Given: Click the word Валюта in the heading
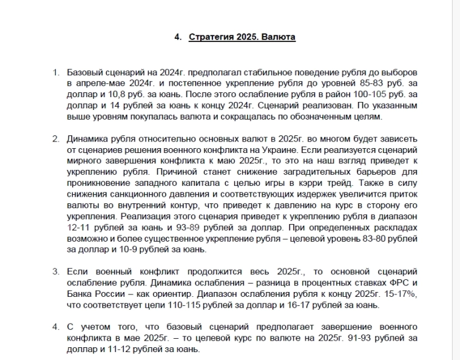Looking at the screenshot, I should [x=279, y=37].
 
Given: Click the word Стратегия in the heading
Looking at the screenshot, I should [x=210, y=37].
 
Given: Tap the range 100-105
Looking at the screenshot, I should [x=355, y=95].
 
